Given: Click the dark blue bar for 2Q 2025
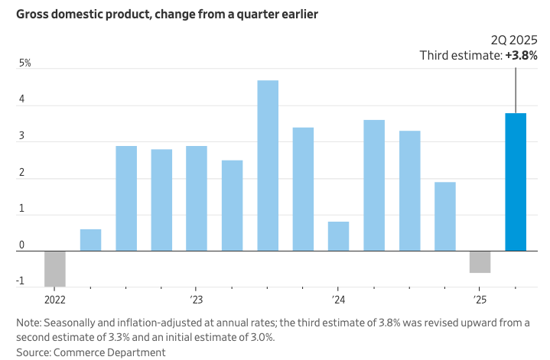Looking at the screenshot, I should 516,182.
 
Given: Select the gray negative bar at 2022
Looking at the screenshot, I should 55,268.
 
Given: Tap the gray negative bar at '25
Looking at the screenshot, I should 480,261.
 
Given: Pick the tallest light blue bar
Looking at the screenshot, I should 268,165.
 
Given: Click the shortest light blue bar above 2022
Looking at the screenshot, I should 90,240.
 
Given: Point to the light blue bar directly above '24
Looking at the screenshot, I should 338,236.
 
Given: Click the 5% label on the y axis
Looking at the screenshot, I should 25,63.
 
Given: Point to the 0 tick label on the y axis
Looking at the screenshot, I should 22,245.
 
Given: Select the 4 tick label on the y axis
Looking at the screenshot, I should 22,99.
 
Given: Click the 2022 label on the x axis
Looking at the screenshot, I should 55,300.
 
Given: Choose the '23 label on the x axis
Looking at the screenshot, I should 197,300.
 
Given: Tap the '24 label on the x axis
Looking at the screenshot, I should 338,300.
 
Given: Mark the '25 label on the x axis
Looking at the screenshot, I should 480,300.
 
